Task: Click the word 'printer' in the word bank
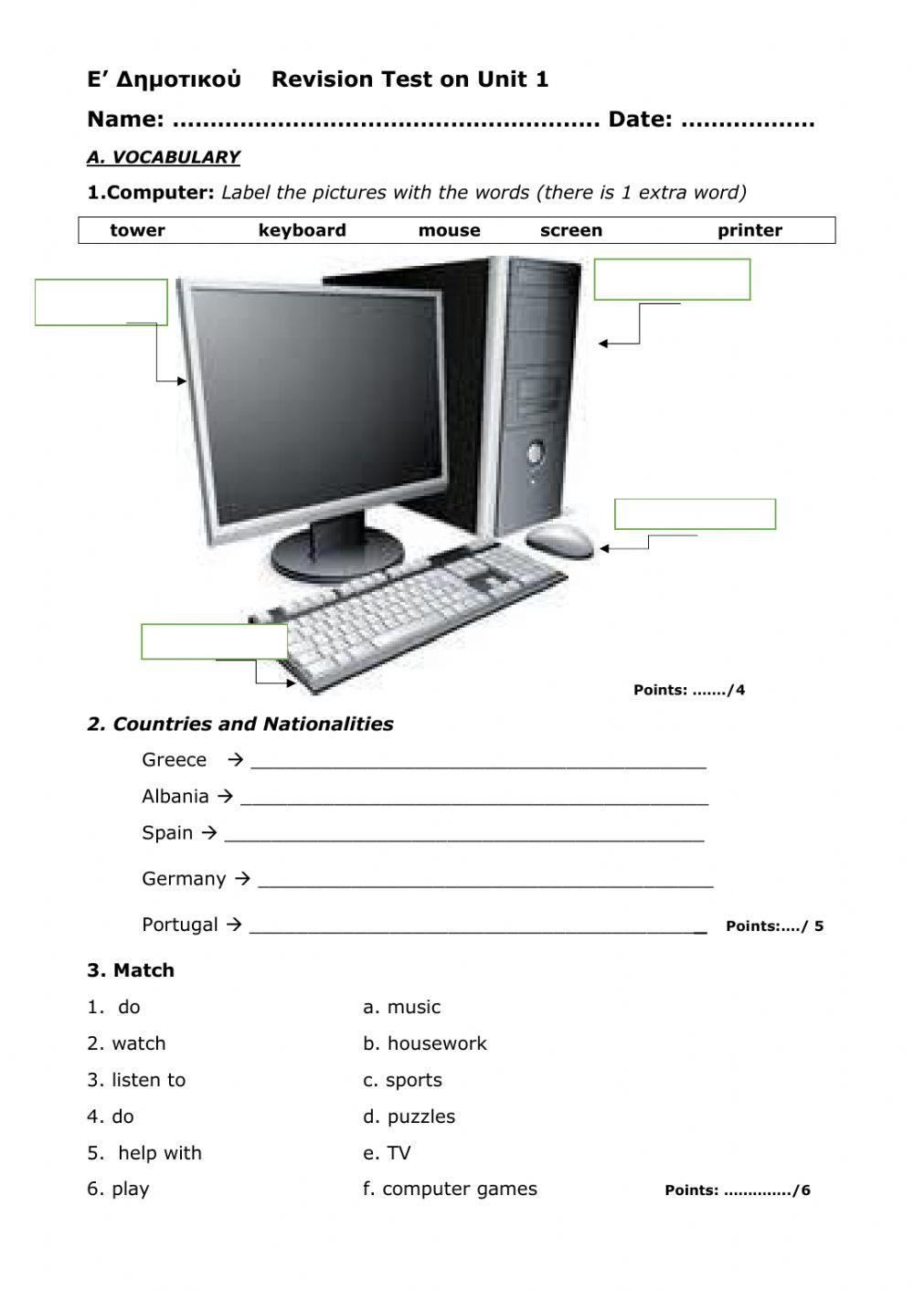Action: tap(749, 230)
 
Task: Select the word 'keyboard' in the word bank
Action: tap(302, 230)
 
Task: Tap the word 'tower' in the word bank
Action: tap(137, 230)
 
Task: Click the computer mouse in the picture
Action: tap(559, 539)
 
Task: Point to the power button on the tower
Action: tap(534, 451)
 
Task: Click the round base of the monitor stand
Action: tap(338, 556)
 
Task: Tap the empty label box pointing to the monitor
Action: tap(101, 302)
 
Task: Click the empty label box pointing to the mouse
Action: tap(695, 514)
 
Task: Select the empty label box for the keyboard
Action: tap(214, 641)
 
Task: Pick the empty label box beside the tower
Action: tap(672, 280)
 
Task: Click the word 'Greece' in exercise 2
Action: tap(174, 760)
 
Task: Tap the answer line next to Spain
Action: tap(463, 833)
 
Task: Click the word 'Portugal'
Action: tap(180, 925)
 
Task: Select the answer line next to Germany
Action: tap(484, 879)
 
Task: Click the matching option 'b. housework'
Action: tap(425, 1043)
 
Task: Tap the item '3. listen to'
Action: tap(136, 1080)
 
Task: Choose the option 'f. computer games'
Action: tap(450, 1189)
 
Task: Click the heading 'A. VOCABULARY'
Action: tap(163, 157)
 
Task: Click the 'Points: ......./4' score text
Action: tap(689, 690)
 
